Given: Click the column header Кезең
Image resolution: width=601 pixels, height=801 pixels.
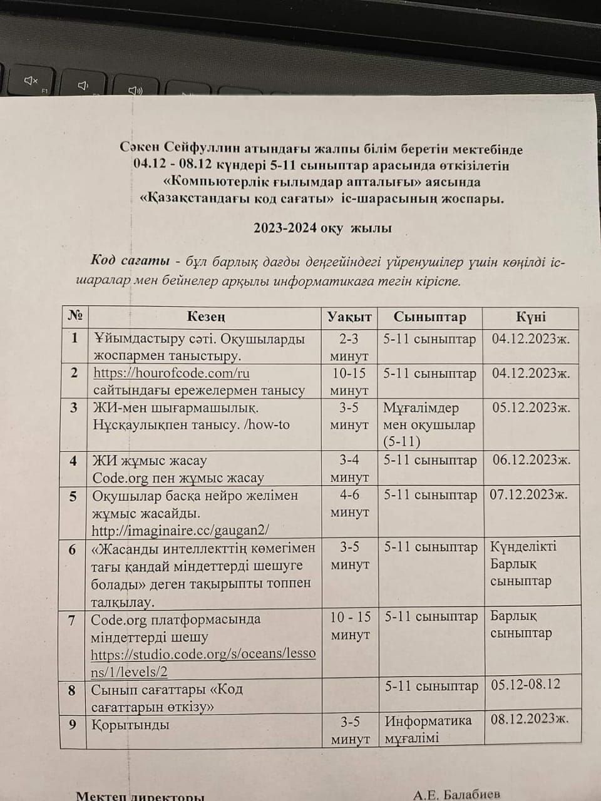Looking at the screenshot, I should (x=206, y=317).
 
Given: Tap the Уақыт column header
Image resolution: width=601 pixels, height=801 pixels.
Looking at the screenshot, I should (x=349, y=317).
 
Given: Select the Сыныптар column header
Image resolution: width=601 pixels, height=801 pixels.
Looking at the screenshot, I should (x=429, y=317).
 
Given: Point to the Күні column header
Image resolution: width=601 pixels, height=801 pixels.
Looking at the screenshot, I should (x=530, y=317).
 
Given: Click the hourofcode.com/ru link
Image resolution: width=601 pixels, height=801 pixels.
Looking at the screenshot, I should (x=171, y=373).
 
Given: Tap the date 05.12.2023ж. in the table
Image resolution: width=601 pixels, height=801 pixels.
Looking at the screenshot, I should (x=531, y=408).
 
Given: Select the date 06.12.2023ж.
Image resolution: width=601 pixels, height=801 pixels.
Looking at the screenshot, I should (x=531, y=460).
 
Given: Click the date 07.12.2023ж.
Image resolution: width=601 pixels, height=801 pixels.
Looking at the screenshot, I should (x=529, y=494).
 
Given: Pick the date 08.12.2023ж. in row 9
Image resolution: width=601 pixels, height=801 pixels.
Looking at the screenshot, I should (x=530, y=718).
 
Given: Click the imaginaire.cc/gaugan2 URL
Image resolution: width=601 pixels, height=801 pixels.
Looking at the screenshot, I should (x=180, y=530).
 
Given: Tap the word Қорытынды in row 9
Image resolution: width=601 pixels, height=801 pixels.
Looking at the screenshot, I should (x=130, y=725).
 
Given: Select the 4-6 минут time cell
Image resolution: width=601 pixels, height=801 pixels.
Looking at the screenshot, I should (x=349, y=503).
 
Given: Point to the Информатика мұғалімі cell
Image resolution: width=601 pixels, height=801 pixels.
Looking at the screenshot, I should (x=428, y=729).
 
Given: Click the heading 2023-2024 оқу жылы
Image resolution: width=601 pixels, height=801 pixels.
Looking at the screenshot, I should (x=322, y=228).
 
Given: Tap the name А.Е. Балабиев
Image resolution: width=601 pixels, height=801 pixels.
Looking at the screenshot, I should (x=456, y=795).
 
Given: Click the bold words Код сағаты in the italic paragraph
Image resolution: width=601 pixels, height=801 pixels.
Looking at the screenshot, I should (x=130, y=260).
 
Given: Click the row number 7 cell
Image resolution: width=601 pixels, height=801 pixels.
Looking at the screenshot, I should (x=72, y=620).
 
